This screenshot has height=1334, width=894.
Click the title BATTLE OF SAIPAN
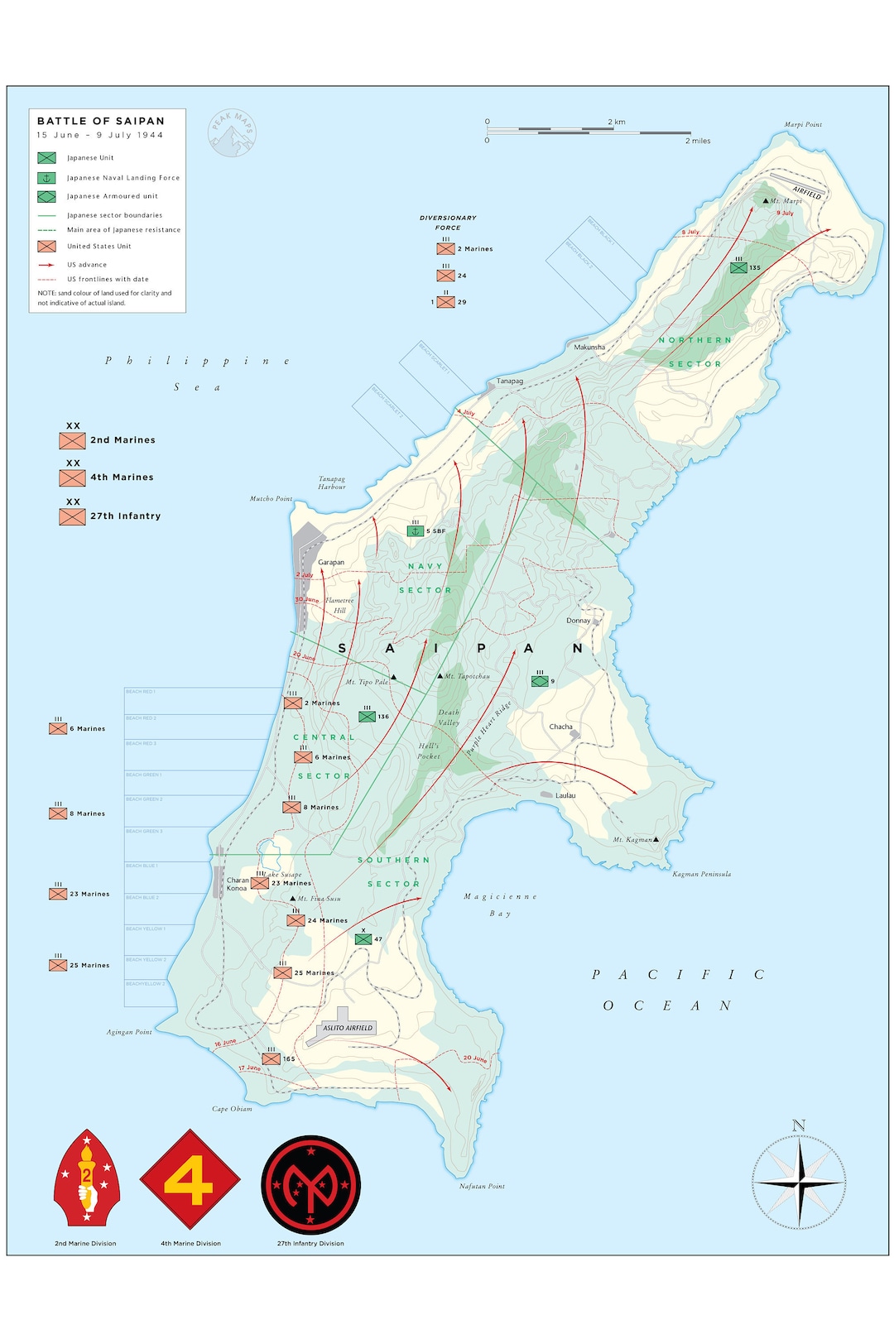100,121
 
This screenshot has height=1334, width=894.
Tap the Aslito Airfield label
348,1028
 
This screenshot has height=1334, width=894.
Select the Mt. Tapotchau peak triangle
440,676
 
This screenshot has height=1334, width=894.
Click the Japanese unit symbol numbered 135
738,267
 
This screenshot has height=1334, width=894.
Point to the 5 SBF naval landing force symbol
416,530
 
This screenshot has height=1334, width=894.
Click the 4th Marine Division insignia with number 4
190,1179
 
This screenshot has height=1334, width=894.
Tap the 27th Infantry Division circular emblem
310,1184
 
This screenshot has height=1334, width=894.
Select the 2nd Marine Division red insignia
86,1178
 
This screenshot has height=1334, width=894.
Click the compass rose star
799,1183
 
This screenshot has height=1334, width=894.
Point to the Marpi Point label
803,125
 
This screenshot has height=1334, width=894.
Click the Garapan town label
331,562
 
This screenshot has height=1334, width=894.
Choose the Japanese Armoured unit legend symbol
46,196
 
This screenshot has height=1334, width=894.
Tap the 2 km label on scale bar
617,122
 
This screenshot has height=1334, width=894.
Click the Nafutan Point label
482,1186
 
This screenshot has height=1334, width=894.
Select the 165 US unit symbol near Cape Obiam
271,1058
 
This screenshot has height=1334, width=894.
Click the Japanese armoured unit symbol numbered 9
540,681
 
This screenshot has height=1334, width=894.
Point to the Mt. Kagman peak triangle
656,839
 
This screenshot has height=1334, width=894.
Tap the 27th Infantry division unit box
72,516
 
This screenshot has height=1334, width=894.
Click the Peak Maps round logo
232,133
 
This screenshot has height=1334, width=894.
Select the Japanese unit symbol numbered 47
363,939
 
